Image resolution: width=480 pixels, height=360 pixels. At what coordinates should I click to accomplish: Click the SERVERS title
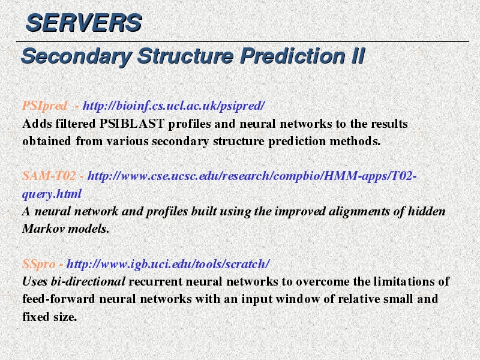pos(83,23)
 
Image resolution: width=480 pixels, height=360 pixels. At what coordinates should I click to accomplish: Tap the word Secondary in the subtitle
pos(77,56)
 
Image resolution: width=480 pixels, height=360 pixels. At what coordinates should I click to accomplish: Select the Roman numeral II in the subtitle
pos(358,56)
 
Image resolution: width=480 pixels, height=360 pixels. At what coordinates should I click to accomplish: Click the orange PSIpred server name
pos(44,106)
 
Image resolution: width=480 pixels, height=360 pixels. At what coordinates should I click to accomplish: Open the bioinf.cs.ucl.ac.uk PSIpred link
pos(173,106)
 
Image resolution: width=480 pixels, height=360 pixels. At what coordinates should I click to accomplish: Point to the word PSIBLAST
pos(132,124)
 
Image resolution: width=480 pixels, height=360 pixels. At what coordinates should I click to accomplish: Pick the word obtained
pos(47,141)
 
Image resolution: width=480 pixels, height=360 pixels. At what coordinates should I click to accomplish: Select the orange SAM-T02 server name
pos(49,176)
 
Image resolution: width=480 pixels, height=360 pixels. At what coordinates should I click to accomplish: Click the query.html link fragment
pos(52,194)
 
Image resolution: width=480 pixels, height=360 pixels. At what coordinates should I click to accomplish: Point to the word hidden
pos(427,211)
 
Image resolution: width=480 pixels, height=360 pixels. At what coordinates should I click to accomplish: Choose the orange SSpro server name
pos(38,264)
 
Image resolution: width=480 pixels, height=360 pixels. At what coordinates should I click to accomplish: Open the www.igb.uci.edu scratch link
pos(168,264)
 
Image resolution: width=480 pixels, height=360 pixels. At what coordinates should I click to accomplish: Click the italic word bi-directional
pos(88,281)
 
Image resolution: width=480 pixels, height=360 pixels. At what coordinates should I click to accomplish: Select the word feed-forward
pos(59,299)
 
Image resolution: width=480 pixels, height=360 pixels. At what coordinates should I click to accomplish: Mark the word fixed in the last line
pos(36,317)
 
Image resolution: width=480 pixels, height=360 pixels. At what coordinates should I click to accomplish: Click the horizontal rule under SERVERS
pos(242,41)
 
